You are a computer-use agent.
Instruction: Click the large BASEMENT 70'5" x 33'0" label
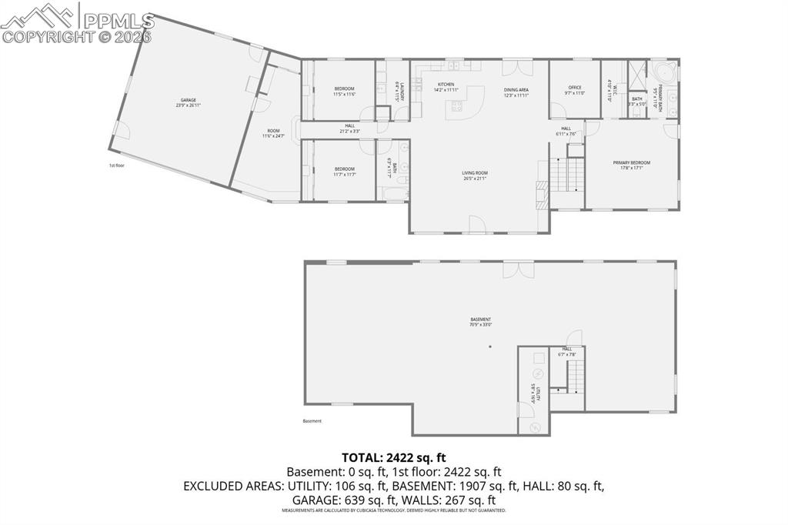click(x=481, y=322)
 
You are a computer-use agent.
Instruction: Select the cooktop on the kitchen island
click(x=457, y=106)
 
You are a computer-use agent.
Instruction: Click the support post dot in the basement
click(x=489, y=346)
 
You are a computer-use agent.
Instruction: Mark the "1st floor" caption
click(x=117, y=166)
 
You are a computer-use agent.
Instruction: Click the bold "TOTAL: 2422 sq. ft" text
click(x=393, y=457)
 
